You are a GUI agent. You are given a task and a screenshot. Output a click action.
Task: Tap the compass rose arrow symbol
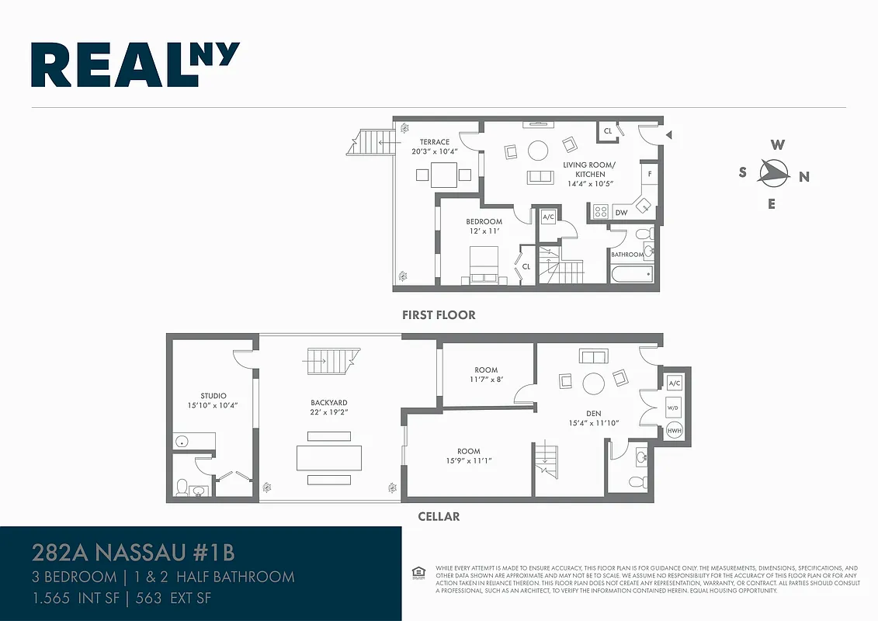(773, 172)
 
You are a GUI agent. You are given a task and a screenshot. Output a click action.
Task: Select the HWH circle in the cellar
(675, 431)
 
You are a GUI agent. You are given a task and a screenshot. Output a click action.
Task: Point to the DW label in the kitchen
(621, 212)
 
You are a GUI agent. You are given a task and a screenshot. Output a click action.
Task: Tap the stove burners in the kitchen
(600, 211)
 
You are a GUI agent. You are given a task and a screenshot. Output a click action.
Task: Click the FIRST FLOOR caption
(439, 315)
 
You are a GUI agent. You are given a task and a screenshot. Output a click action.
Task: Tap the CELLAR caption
(439, 516)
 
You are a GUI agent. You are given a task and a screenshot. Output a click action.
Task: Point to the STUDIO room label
(213, 396)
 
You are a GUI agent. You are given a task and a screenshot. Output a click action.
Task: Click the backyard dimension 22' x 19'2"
(328, 413)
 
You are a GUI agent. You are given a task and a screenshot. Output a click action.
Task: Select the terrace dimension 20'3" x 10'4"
(435, 152)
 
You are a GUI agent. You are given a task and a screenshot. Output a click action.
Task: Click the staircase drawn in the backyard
(331, 359)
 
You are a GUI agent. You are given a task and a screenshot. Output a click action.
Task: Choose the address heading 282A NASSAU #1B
(133, 553)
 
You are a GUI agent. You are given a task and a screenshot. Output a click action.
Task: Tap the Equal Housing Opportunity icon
(418, 573)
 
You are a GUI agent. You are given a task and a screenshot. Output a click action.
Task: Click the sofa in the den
(594, 356)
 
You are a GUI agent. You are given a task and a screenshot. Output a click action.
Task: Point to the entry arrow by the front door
(668, 135)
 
